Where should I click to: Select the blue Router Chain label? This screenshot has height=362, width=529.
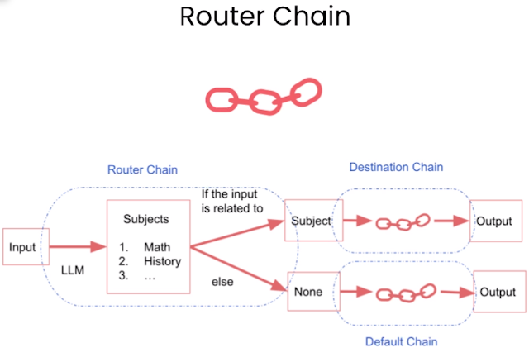142,170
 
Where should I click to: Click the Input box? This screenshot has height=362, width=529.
22,247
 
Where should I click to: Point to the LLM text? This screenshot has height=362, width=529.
74,269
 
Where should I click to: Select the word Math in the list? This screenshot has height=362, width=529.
156,247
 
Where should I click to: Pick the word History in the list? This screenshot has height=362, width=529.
162,261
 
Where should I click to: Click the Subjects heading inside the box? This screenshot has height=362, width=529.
146,220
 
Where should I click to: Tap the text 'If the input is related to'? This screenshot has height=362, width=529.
232,201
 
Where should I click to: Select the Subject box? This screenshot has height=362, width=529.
310,221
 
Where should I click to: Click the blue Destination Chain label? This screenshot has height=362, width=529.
396,167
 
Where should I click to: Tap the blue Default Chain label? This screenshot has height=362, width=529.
401,341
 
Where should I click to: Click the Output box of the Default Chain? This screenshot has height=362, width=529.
498,293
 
